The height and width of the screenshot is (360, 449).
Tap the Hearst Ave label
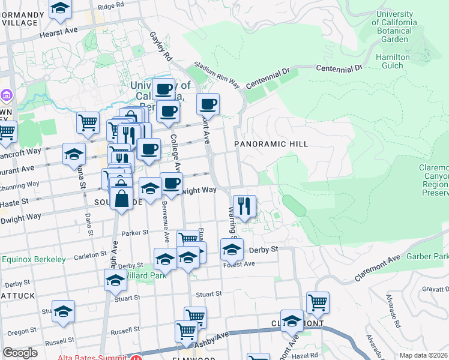(x=59, y=31)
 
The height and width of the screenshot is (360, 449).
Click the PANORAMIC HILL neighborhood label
(x=271, y=144)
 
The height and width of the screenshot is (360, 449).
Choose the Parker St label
(x=134, y=233)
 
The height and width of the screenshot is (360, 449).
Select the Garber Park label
(x=427, y=256)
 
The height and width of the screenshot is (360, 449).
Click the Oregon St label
(x=22, y=332)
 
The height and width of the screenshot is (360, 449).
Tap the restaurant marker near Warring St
(x=244, y=206)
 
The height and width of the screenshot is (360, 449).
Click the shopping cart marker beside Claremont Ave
(x=318, y=303)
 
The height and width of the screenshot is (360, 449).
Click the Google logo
(x=20, y=353)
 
